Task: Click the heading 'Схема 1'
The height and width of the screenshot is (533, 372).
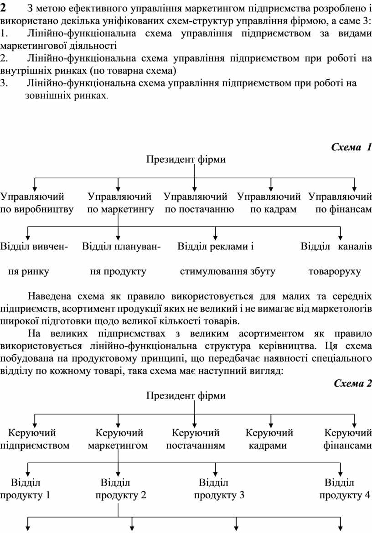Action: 351,147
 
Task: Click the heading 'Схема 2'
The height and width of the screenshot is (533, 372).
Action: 352,383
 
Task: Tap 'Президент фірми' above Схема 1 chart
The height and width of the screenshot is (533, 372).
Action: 186,159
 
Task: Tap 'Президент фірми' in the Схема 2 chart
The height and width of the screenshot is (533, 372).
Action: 186,395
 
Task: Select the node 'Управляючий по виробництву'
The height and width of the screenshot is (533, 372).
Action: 36,203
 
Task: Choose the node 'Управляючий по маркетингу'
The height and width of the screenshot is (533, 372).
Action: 120,203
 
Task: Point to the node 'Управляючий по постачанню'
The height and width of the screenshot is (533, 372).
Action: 199,203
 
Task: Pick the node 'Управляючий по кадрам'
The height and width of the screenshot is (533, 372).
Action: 269,203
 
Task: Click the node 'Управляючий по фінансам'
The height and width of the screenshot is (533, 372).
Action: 340,203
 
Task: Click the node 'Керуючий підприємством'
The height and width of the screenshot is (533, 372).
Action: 35,439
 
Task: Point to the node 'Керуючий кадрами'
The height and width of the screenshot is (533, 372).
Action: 269,439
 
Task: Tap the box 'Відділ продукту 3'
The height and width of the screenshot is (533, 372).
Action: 214,488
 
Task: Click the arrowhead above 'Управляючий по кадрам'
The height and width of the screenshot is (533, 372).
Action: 271,187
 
